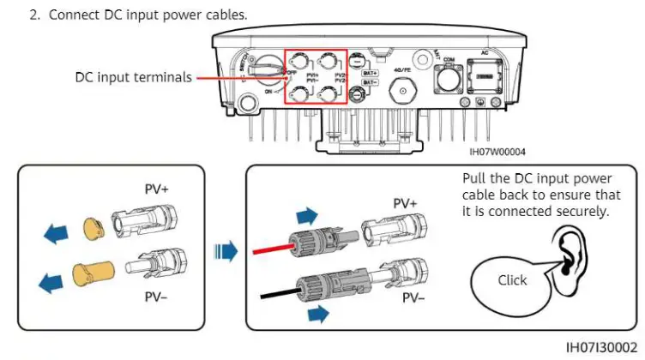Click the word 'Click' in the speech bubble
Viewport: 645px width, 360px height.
[512, 280]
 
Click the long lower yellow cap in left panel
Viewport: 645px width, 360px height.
[93, 274]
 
